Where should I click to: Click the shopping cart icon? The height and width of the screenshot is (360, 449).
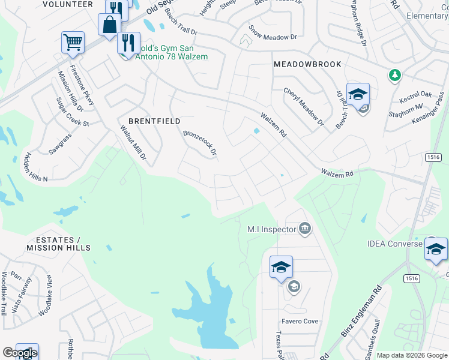pyautogui.click(x=73, y=42)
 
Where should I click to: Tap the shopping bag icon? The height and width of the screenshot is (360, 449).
pyautogui.click(x=110, y=25)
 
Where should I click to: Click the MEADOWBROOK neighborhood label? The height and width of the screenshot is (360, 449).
pyautogui.click(x=307, y=64)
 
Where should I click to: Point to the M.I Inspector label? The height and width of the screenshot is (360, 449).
pyautogui.click(x=272, y=229)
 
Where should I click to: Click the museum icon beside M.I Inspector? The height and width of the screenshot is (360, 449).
pyautogui.click(x=305, y=228)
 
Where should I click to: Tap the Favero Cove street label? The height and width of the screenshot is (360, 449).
pyautogui.click(x=302, y=321)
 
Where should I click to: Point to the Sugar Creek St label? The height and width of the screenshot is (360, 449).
pyautogui.click(x=73, y=112)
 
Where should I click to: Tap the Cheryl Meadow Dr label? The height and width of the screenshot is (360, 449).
pyautogui.click(x=304, y=107)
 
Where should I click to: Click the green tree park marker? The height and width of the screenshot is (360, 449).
pyautogui.click(x=394, y=75)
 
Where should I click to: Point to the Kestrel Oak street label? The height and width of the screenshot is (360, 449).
pyautogui.click(x=415, y=95)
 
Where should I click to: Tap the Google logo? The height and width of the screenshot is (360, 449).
pyautogui.click(x=19, y=353)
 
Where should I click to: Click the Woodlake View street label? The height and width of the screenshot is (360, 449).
pyautogui.click(x=46, y=296)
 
